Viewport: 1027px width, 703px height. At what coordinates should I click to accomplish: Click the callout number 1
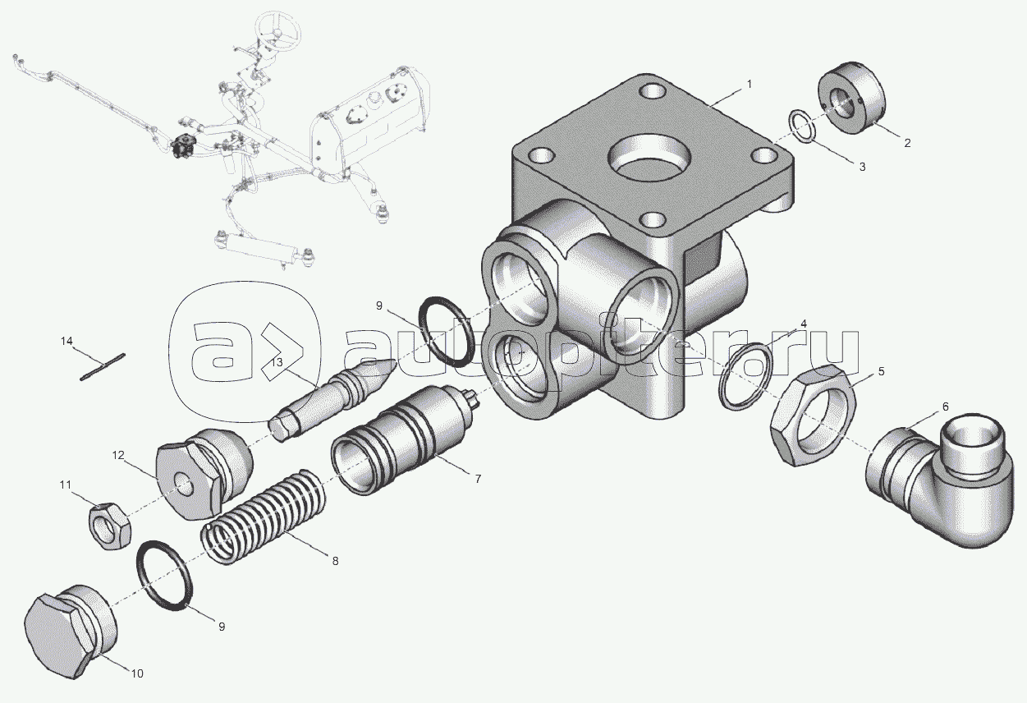(749, 84)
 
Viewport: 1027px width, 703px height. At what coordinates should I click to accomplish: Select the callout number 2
(907, 143)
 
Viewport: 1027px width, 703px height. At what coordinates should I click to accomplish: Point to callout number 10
(137, 673)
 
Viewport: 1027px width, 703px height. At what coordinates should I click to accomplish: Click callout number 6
(946, 407)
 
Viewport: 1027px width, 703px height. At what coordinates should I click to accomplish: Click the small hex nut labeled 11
(108, 526)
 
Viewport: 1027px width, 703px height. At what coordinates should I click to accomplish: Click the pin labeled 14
(103, 366)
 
